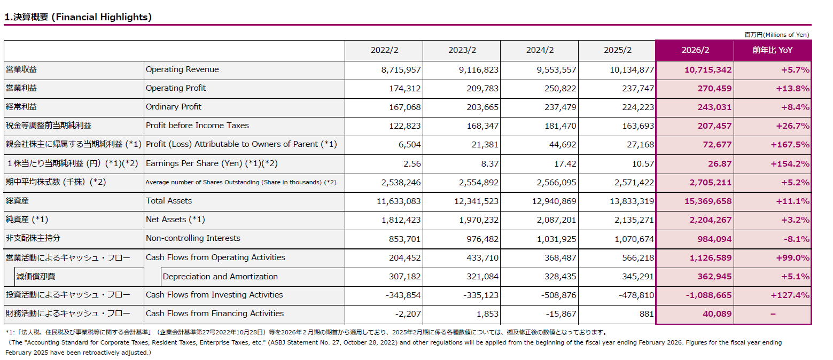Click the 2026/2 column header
click(x=695, y=50)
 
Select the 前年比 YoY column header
click(x=773, y=50)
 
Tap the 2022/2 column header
click(x=384, y=50)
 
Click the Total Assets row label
click(x=169, y=201)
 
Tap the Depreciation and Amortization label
click(x=220, y=277)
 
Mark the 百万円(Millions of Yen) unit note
click(x=777, y=35)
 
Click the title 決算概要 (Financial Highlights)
click(x=78, y=17)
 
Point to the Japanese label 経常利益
click(x=21, y=107)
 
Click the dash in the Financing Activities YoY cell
click(x=773, y=314)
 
